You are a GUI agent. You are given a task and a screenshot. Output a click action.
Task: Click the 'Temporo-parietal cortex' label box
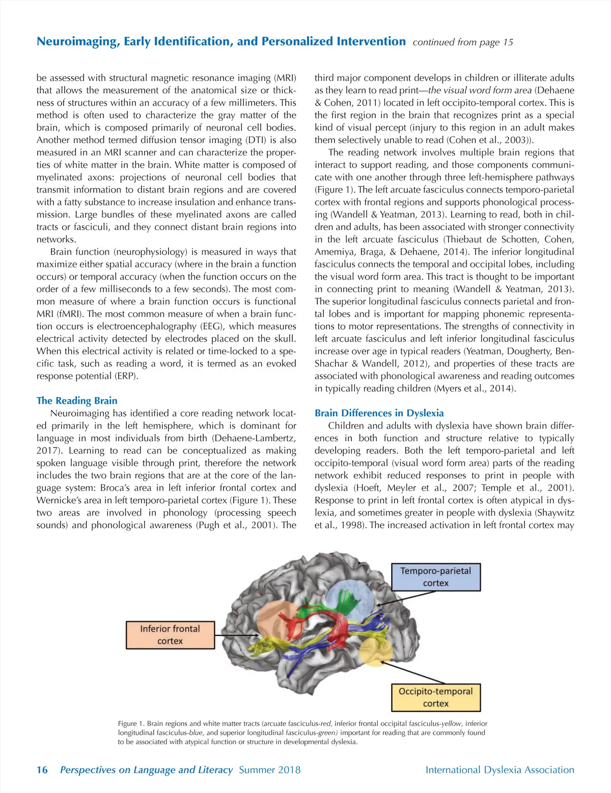[435, 577]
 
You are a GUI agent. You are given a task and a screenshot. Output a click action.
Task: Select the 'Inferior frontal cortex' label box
[170, 635]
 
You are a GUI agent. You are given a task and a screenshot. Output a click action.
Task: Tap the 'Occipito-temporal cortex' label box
[436, 697]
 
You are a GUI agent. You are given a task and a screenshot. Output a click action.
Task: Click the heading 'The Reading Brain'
[77, 401]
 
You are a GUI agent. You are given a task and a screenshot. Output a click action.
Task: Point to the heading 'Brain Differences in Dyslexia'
[379, 413]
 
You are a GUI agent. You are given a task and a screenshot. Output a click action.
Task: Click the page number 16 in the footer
[42, 770]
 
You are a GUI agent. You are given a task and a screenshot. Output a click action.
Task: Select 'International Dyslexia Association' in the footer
[499, 770]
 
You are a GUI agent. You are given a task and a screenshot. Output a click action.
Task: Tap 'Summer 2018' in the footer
[269, 770]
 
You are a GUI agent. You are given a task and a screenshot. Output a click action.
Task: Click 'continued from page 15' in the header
[463, 42]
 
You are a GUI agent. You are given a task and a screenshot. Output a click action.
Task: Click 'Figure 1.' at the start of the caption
[131, 723]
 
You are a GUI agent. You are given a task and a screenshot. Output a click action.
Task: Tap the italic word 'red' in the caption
[325, 723]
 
